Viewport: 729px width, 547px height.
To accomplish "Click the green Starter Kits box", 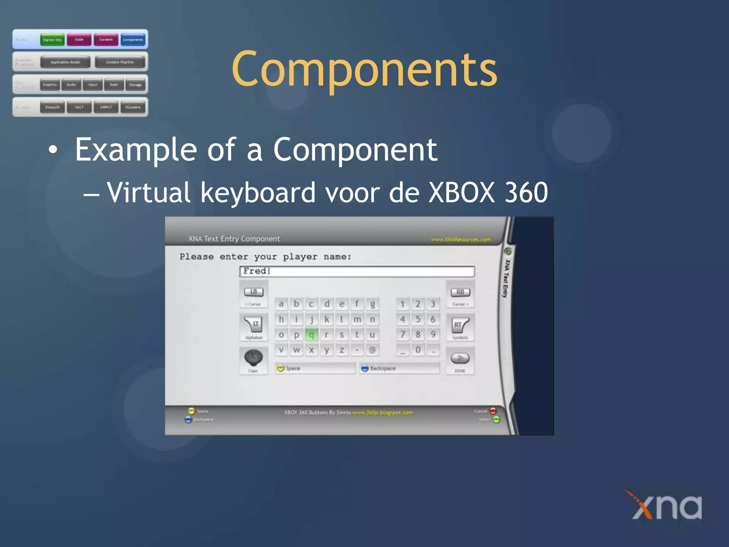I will [52, 40].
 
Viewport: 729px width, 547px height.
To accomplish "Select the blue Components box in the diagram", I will [133, 40].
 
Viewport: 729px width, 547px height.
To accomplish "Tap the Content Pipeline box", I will [120, 62].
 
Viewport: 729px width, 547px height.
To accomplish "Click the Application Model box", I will [65, 62].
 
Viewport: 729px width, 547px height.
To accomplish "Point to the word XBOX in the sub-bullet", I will [461, 193].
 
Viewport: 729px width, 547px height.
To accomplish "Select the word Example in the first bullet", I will [136, 150].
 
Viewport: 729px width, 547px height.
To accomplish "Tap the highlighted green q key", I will [311, 335].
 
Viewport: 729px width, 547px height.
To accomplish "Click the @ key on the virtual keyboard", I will [372, 350].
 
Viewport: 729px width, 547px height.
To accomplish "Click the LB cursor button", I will [253, 292].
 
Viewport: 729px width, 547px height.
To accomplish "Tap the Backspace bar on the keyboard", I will [399, 368].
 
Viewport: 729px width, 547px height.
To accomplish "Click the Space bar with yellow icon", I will [315, 368].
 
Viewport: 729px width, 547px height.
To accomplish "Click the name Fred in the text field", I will [255, 271].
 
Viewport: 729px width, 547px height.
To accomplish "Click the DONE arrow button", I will [460, 358].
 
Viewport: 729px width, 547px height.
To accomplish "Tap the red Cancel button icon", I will [493, 411].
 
